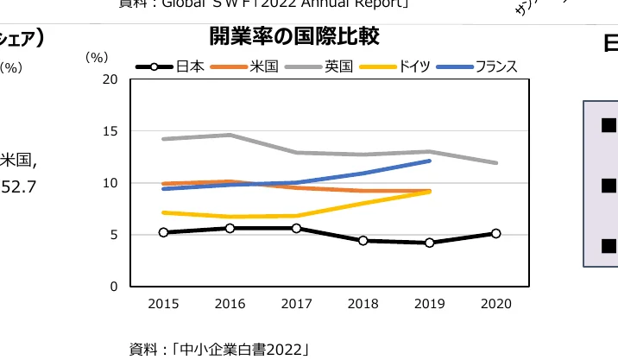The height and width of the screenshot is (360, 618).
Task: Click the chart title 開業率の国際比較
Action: click(x=294, y=37)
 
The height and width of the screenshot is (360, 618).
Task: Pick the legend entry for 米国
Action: click(x=246, y=66)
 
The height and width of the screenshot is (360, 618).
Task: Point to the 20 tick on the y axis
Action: click(x=110, y=79)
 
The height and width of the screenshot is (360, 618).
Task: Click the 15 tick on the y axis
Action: click(x=110, y=131)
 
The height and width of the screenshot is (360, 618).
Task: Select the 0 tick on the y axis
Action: click(x=113, y=287)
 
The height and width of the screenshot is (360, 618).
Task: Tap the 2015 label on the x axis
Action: click(x=163, y=304)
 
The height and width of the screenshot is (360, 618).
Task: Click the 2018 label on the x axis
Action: click(x=363, y=304)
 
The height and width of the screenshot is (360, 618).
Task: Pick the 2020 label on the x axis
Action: click(x=495, y=304)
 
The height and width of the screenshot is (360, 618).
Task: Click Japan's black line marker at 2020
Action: click(x=495, y=233)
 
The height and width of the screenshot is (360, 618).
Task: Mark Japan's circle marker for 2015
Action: click(x=163, y=232)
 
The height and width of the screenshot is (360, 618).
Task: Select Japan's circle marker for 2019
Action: click(x=429, y=243)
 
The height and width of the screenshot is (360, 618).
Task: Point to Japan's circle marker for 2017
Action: click(x=296, y=228)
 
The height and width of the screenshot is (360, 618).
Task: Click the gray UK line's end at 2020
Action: click(x=495, y=162)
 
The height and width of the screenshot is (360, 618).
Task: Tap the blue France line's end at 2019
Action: click(x=429, y=161)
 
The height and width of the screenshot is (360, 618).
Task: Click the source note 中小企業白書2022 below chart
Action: click(x=219, y=349)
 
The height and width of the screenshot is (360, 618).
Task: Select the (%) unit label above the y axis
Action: click(x=97, y=58)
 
